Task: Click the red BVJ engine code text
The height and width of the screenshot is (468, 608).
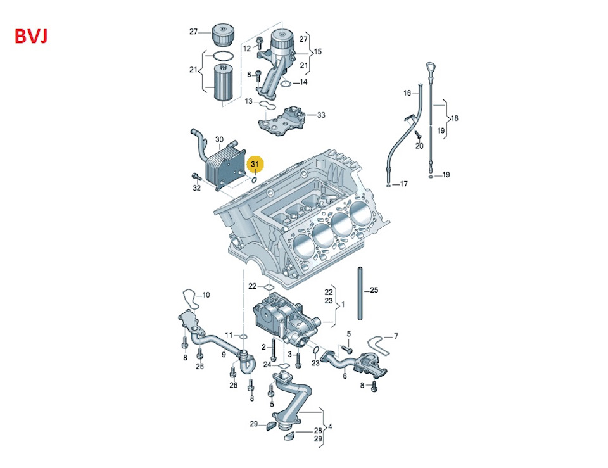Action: point(31,37)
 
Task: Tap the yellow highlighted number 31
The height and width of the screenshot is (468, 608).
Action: point(255,165)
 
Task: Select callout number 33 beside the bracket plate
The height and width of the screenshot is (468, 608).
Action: point(321,115)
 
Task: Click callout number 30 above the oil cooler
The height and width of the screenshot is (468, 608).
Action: point(220,139)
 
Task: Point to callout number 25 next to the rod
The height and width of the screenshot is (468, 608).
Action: point(374,290)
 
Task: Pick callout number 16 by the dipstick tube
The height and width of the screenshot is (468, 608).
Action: point(407,93)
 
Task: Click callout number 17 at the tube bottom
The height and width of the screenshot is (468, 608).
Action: point(403,184)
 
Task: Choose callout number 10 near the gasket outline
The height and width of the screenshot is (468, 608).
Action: point(206,295)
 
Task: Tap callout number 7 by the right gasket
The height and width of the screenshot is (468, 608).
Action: point(396,336)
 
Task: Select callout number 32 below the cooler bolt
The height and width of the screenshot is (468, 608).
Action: point(197,188)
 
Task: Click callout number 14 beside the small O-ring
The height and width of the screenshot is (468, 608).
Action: point(303,82)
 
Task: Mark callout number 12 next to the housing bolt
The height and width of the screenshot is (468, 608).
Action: point(247,49)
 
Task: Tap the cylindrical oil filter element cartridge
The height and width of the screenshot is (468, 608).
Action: point(224,83)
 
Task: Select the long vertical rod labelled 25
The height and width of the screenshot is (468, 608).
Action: point(360,293)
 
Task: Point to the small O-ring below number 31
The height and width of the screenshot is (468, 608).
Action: point(255,179)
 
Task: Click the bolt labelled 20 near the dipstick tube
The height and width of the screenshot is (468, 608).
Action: point(417,134)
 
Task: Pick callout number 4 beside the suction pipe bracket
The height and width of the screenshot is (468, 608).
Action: point(330,427)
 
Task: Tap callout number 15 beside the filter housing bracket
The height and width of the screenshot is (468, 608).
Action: point(317,51)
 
